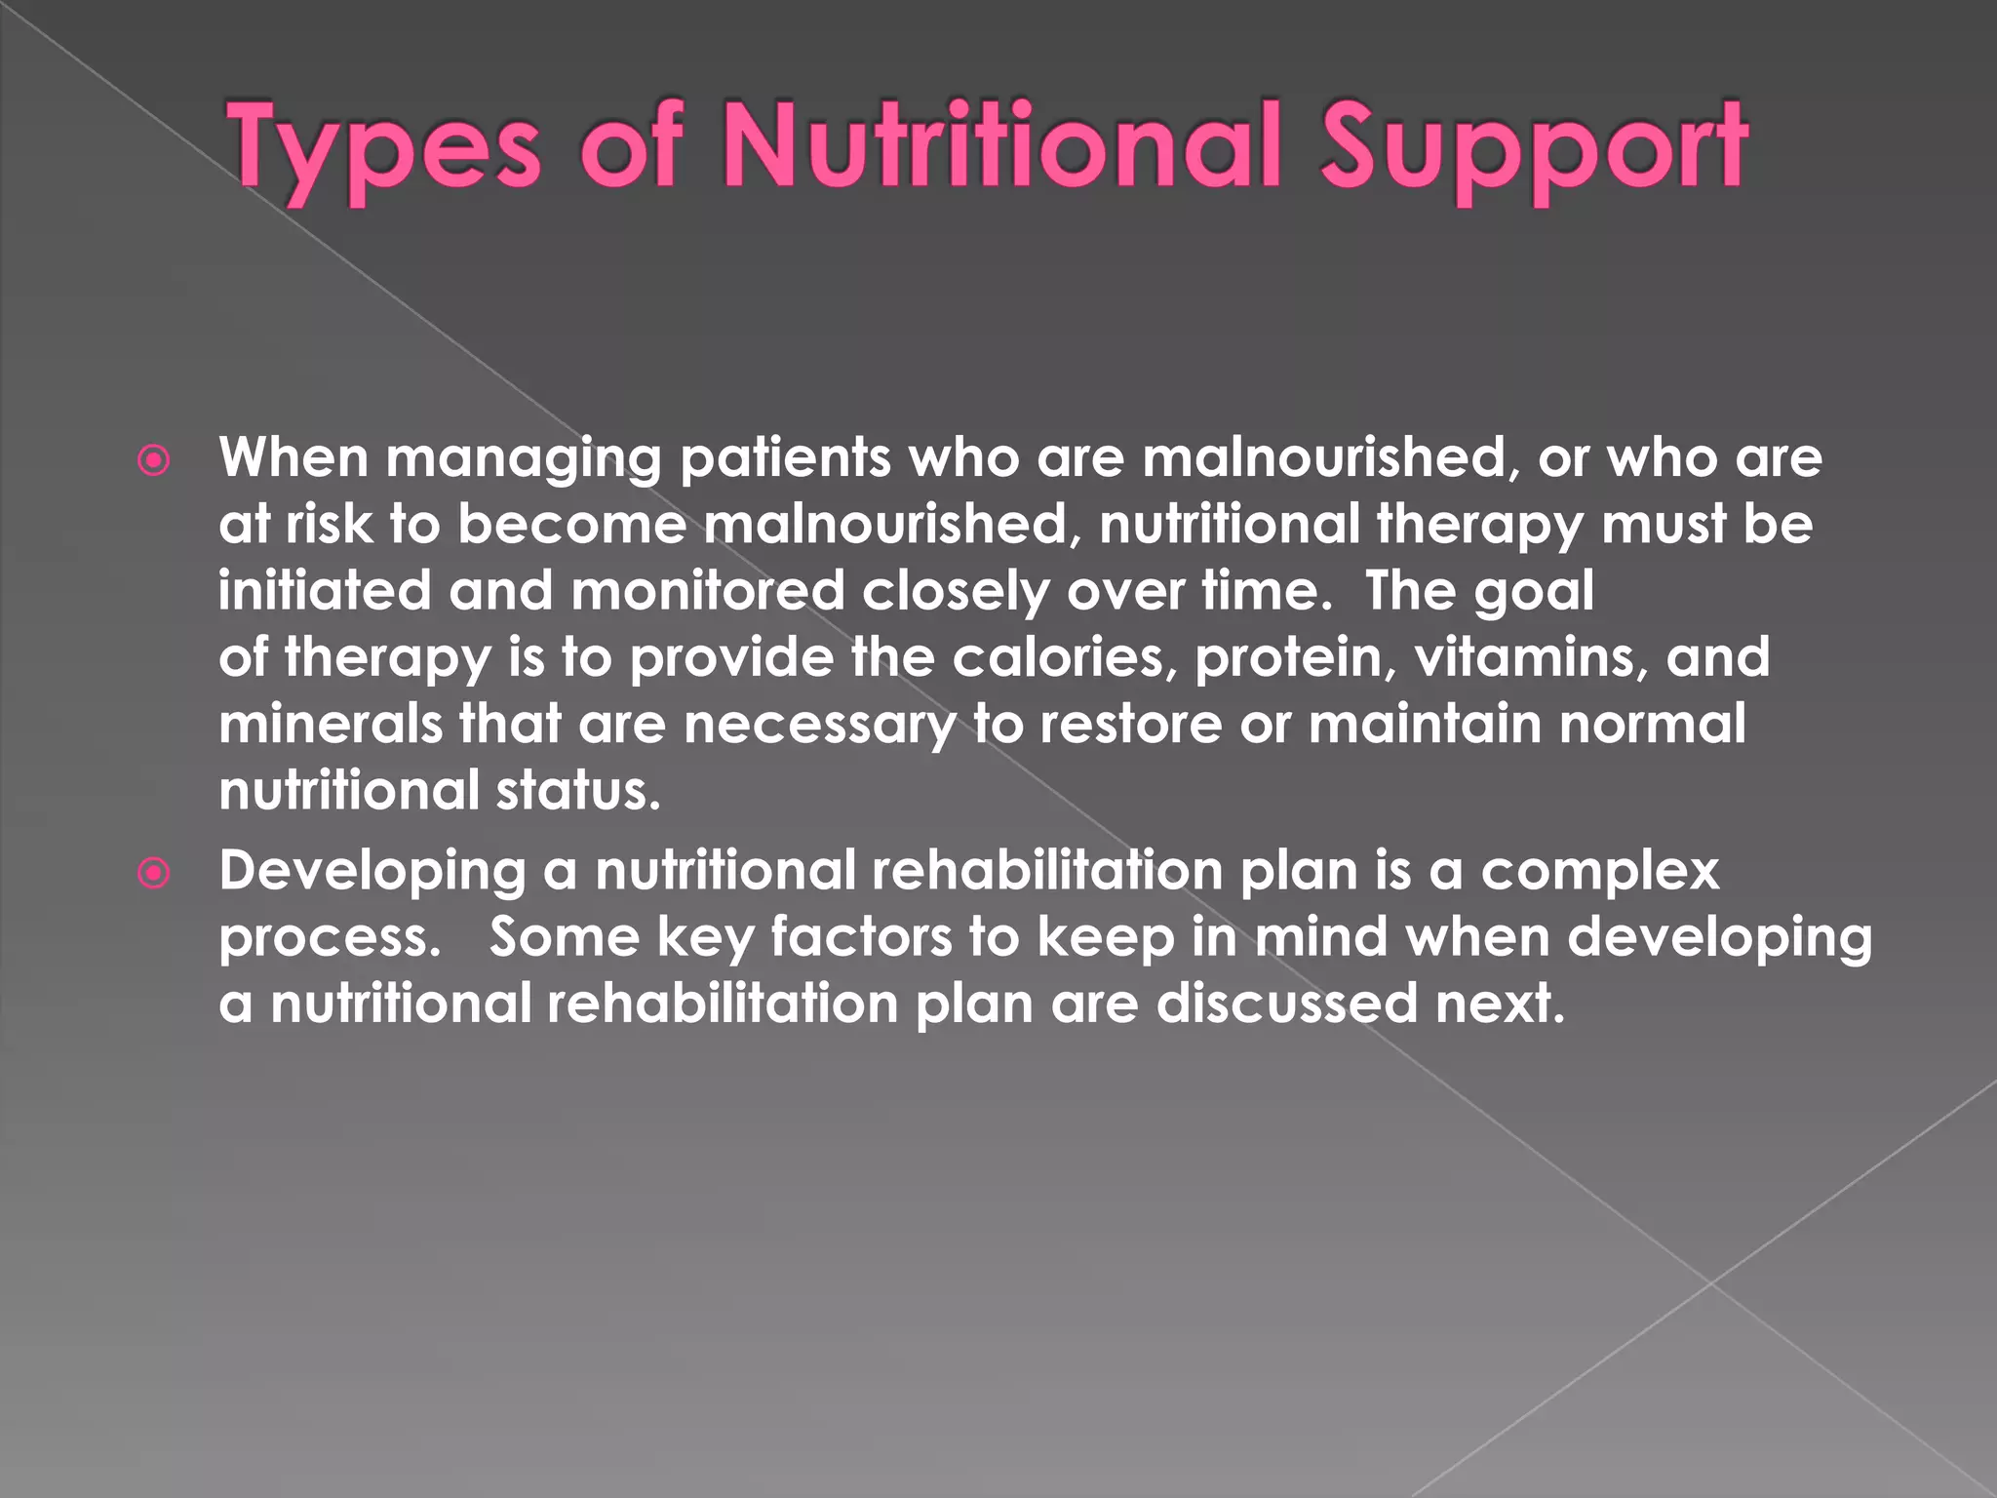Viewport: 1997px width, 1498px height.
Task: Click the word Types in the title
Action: (x=382, y=146)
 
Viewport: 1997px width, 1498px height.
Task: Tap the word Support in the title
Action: (x=1534, y=146)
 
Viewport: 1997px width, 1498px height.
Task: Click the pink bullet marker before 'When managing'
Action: (x=154, y=460)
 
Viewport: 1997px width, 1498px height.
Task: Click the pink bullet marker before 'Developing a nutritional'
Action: (x=154, y=873)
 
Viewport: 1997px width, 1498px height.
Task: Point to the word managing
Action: (x=524, y=458)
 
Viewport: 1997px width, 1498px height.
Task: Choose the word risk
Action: (x=329, y=524)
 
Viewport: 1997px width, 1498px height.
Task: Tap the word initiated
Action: (x=324, y=590)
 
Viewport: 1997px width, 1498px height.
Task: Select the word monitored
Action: (x=707, y=590)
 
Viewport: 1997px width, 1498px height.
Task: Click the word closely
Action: (x=955, y=591)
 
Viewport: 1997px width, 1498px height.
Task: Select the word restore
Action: (x=1129, y=724)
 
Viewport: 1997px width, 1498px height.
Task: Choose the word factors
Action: (x=861, y=936)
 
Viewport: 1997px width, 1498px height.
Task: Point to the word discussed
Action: (x=1286, y=1003)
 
